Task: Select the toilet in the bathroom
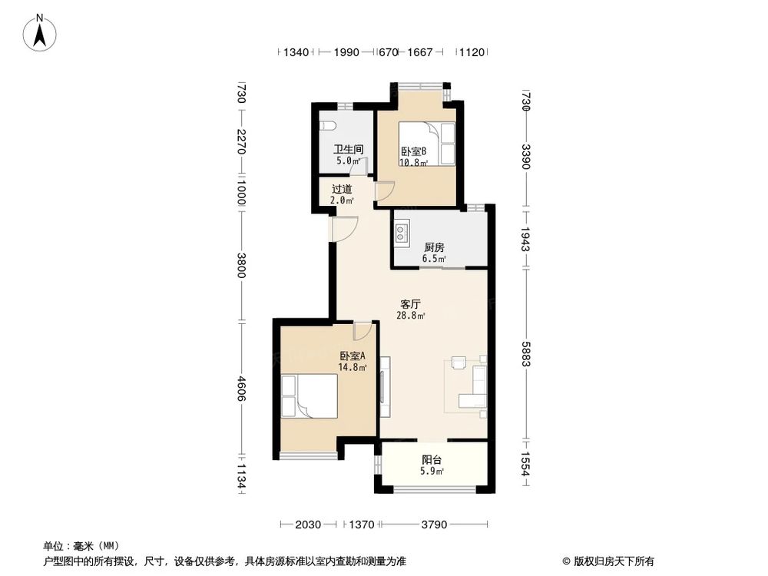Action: point(327,126)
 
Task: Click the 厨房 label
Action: point(434,247)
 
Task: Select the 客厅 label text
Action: point(409,303)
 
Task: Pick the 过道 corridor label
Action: point(342,189)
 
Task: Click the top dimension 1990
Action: point(346,52)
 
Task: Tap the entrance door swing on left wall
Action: point(346,228)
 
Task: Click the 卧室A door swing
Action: point(362,331)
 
